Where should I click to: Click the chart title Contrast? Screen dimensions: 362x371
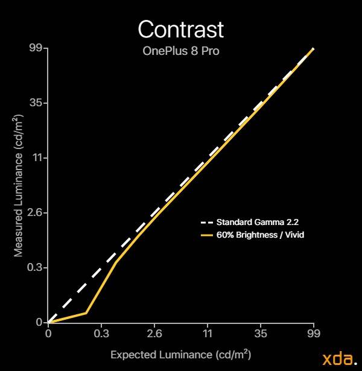point(181,30)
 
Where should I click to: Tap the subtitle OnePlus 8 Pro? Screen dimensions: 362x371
point(181,51)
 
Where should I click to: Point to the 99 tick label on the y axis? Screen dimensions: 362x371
point(36,48)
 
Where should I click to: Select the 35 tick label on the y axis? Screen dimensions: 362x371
point(36,103)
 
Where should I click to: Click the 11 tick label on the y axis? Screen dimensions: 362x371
point(37,157)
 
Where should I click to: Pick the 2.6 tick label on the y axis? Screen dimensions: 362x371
point(34,213)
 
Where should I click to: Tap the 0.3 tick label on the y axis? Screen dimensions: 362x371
point(34,267)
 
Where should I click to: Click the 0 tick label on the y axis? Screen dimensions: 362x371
point(39,322)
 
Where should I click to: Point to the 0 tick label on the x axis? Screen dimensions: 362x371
point(48,334)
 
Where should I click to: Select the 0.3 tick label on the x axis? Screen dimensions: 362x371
point(101,334)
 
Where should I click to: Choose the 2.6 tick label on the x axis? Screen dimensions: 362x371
point(154,334)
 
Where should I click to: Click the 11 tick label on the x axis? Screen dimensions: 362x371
point(208,334)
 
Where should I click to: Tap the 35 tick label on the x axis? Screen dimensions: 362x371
point(261,334)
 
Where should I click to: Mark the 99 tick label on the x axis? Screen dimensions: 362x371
point(314,334)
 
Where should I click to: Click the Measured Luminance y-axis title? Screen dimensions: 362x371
point(18,186)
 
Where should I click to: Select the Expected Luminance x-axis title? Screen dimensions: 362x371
point(181,355)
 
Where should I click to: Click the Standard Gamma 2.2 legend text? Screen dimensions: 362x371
point(258,222)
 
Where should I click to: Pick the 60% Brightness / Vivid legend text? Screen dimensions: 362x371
point(260,235)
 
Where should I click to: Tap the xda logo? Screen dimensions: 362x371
point(340,359)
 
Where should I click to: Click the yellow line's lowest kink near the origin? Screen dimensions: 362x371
point(86,313)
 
